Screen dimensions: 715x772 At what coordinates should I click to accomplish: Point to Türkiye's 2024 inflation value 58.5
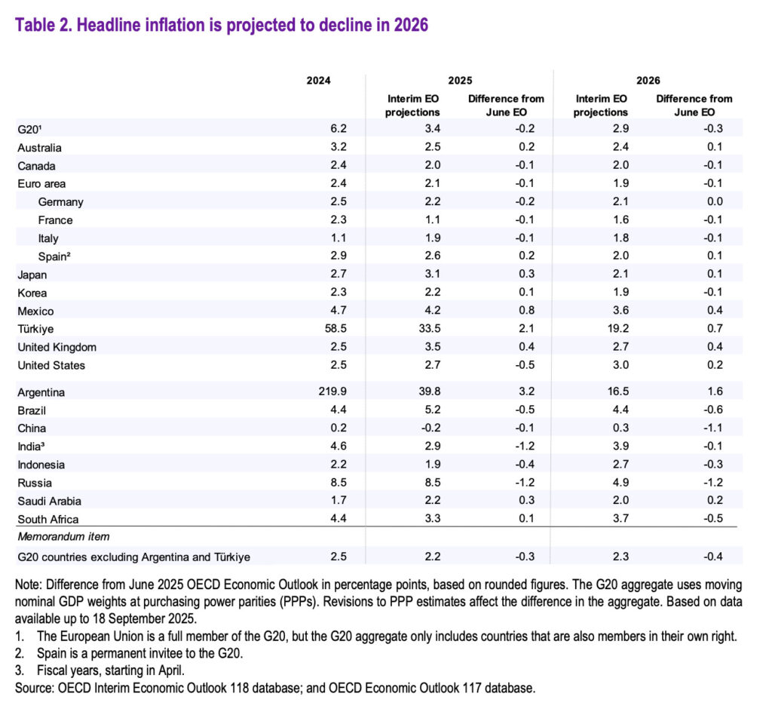[x=318, y=329]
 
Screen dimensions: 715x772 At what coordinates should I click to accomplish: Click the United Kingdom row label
[x=57, y=347]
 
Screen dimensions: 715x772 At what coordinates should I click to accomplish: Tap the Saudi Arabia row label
[x=49, y=501]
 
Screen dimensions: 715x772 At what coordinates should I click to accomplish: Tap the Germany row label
[x=60, y=202]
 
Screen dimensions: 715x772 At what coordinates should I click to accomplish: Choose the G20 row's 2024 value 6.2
[x=321, y=130]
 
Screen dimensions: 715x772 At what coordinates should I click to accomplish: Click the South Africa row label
[x=47, y=519]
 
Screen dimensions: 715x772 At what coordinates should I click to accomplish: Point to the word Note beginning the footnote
[x=29, y=585]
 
